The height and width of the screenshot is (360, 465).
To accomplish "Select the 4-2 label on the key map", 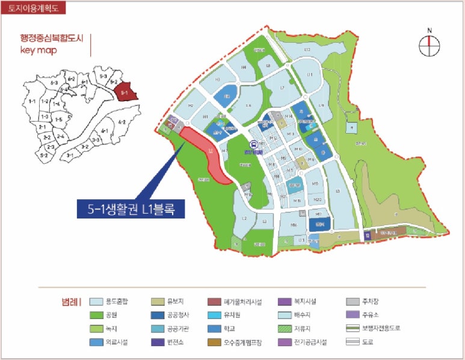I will [x=121, y=123].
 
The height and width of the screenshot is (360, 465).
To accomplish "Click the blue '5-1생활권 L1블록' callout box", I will [x=131, y=208].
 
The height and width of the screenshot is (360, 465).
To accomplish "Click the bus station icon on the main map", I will [x=254, y=144].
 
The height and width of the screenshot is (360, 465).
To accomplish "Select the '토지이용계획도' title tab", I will [x=34, y=8].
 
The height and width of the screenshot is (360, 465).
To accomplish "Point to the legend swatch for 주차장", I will [x=354, y=302].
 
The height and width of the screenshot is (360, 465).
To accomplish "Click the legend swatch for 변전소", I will [x=158, y=343].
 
